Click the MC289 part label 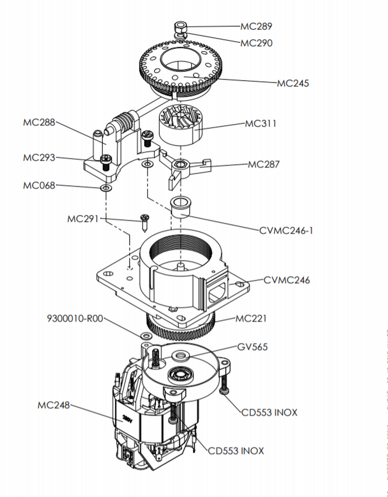click(256, 26)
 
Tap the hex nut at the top click(180, 28)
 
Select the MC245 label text click(293, 83)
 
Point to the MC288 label click(39, 123)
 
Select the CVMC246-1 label click(286, 231)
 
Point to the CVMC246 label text click(287, 280)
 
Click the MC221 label click(251, 318)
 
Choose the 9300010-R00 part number click(75, 318)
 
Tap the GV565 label click(253, 347)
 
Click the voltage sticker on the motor click(127, 418)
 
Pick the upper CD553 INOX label click(269, 413)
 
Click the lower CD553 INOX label click(236, 451)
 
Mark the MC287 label click(264, 164)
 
